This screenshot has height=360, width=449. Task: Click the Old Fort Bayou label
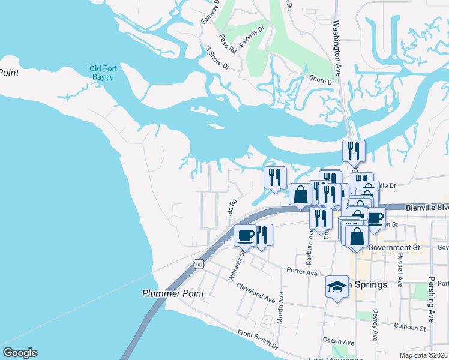pyautogui.click(x=103, y=73)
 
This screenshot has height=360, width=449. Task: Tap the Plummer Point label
pyautogui.click(x=173, y=293)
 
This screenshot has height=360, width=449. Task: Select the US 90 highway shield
pyautogui.click(x=199, y=264)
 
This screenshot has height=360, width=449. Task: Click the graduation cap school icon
pyautogui.click(x=337, y=287)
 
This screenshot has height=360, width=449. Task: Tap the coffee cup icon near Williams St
pyautogui.click(x=246, y=235)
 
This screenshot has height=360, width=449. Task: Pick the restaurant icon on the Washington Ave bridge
pyautogui.click(x=354, y=150)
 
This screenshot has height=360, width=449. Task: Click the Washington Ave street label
pyautogui.click(x=337, y=48)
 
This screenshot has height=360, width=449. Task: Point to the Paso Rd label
pyautogui.click(x=228, y=43)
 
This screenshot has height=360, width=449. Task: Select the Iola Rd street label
pyautogui.click(x=230, y=208)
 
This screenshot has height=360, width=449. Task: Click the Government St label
pyautogui.click(x=393, y=247)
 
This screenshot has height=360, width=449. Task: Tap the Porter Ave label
pyautogui.click(x=301, y=272)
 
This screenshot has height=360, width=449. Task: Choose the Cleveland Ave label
pyautogui.click(x=255, y=292)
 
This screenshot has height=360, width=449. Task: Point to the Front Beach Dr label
pyautogui.click(x=258, y=340)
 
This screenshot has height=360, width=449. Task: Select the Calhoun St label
pyautogui.click(x=409, y=328)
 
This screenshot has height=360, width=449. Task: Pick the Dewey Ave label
pyautogui.click(x=375, y=325)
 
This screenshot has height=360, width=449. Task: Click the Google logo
pyautogui.click(x=19, y=353)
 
